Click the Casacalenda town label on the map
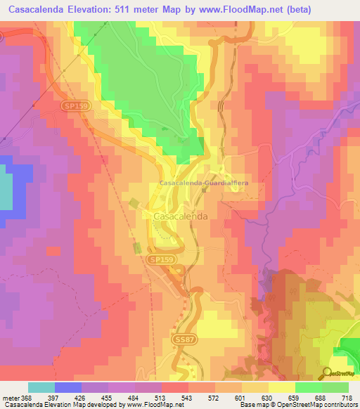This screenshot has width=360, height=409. click(180, 217)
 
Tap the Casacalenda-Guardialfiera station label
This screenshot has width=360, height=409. click(204, 183)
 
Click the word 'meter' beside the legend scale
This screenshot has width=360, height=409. click(9, 398)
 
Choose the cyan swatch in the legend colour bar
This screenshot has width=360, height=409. click(41, 387)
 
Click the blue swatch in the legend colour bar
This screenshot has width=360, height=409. click(68, 387)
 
